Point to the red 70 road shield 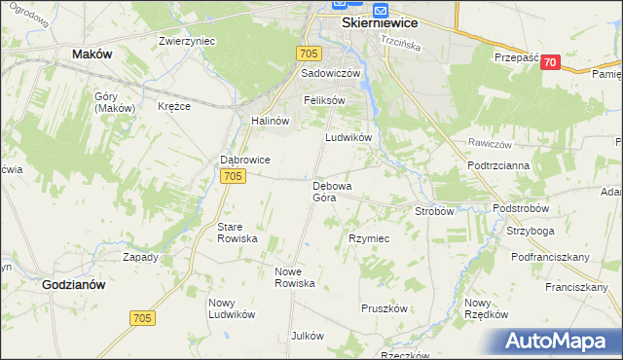(551, 62)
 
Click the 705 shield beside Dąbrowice (232, 176)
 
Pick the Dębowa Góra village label (331, 191)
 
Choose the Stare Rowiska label (237, 232)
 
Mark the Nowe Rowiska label (295, 277)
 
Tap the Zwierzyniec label (187, 41)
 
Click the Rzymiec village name (369, 238)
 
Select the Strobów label (435, 210)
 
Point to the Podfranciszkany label (551, 257)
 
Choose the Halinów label (271, 121)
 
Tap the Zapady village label (140, 258)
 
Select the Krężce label (174, 106)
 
